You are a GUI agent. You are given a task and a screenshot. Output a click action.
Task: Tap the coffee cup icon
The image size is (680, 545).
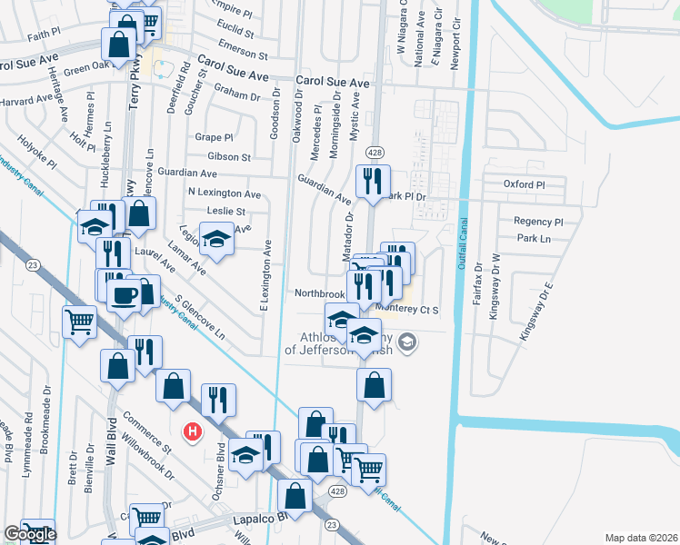pyautogui.click(x=123, y=294)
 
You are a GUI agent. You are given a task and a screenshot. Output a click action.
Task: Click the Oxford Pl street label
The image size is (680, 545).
pyautogui.click(x=524, y=184)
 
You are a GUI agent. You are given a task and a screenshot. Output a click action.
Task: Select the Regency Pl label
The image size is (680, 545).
pyautogui.click(x=538, y=222)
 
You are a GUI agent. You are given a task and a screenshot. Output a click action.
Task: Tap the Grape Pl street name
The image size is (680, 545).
pyautogui.click(x=214, y=138)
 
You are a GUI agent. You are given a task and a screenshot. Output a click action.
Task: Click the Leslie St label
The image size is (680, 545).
pyautogui.click(x=226, y=211)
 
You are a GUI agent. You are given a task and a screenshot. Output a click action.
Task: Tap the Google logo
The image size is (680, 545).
pyautogui.click(x=29, y=534)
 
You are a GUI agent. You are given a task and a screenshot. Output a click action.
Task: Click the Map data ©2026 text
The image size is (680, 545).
pyautogui.click(x=641, y=538)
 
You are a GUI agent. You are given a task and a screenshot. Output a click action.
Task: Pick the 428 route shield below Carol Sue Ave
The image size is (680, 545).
pyautogui.click(x=373, y=151)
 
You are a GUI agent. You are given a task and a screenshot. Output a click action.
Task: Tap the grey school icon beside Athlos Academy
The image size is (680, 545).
pyautogui.click(x=407, y=342)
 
